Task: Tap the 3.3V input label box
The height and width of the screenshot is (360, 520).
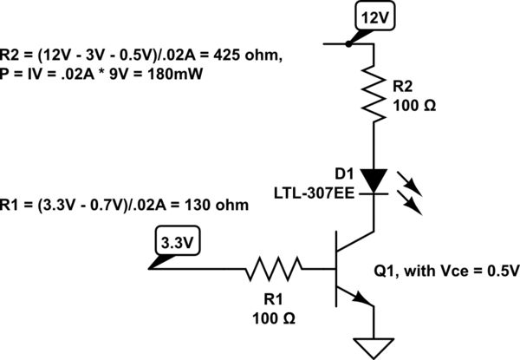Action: [177, 238]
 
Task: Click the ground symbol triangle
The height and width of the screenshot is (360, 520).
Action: [374, 346]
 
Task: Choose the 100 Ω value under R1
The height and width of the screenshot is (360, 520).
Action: [274, 318]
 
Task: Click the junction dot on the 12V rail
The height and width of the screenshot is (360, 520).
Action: [348, 41]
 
